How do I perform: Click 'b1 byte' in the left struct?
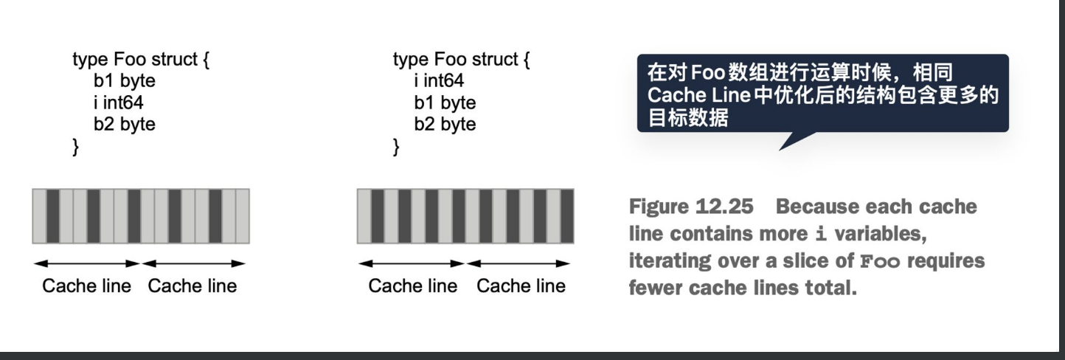pos(124,80)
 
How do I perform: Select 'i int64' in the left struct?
pos(118,102)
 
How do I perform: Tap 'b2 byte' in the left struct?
pos(124,123)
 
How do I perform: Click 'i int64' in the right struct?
pos(439,80)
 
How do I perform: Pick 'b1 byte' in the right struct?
pos(445,102)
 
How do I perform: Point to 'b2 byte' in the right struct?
pos(445,123)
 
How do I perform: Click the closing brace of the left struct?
pos(75,145)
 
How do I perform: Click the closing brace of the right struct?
pos(396,145)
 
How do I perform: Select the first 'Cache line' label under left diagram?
pos(86,286)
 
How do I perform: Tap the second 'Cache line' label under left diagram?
pos(192,286)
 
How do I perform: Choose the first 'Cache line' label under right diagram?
pos(413,286)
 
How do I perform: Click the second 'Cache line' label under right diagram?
pos(521,286)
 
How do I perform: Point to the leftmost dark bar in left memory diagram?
pos(52,216)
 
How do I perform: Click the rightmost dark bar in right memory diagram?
pos(566,216)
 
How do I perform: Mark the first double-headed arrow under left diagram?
pos(86,263)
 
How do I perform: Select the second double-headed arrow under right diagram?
pos(518,263)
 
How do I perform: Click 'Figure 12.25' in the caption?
pos(691,207)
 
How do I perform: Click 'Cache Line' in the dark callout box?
pos(698,96)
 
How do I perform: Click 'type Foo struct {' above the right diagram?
pos(461,59)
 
